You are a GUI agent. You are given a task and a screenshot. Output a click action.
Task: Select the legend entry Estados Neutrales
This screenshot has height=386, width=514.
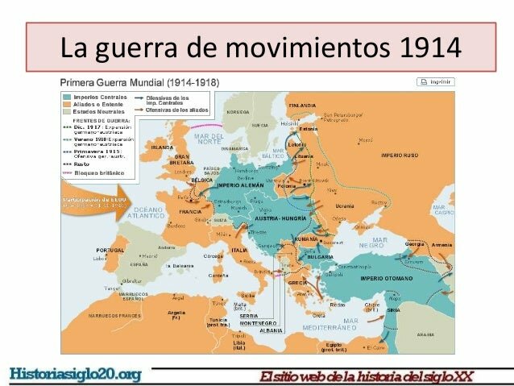[x=95, y=111]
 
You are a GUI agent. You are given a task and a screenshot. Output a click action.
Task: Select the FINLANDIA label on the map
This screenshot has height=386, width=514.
[x=302, y=106]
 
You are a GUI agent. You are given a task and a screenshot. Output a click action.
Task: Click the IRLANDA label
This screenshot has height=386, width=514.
[x=163, y=148]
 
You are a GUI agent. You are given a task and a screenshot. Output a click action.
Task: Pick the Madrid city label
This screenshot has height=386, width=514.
[x=127, y=257]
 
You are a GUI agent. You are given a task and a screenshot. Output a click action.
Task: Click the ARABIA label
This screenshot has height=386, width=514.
[x=425, y=334]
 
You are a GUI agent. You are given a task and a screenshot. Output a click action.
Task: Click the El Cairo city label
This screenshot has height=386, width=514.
[x=375, y=347]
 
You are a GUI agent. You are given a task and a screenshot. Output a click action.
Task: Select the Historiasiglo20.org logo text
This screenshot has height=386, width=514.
[x=75, y=373]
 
